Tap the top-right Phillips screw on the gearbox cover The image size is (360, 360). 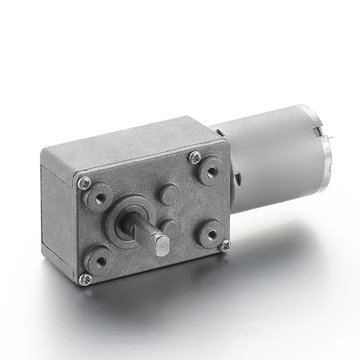click(195, 157)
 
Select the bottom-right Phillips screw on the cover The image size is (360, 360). click(225, 245)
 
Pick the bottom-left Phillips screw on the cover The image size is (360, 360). click(85, 279)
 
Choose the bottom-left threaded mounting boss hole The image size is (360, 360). click(101, 261)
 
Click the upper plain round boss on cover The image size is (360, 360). click(168, 193)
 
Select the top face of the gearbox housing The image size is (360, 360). click(130, 142)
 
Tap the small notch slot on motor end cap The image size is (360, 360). click(316, 131)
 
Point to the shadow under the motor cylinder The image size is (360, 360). click(278, 226)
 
